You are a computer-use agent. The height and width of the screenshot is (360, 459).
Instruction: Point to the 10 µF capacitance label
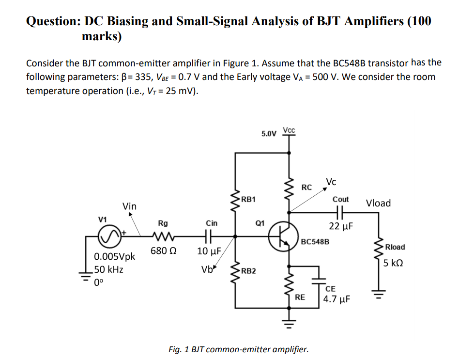coord(209,251)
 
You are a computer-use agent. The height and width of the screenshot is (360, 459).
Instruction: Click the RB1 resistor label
coord(249,199)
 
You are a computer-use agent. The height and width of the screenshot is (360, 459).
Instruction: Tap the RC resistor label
coord(306,188)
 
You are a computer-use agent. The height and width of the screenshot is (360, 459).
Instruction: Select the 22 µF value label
coord(341,226)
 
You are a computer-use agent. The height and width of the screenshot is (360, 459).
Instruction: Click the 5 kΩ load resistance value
coord(393,264)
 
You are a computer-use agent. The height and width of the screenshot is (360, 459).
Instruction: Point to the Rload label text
coord(395,247)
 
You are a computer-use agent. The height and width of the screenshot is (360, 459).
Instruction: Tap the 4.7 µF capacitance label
coord(337,298)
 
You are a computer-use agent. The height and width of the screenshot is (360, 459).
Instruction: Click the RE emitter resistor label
coord(300,297)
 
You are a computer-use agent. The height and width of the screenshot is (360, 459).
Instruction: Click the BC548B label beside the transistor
coord(315,241)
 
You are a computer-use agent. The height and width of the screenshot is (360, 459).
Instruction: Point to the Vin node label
coord(129,206)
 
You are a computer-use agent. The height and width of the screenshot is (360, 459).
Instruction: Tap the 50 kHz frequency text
coord(109,269)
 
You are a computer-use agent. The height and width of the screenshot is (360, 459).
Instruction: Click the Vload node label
coord(378,203)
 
